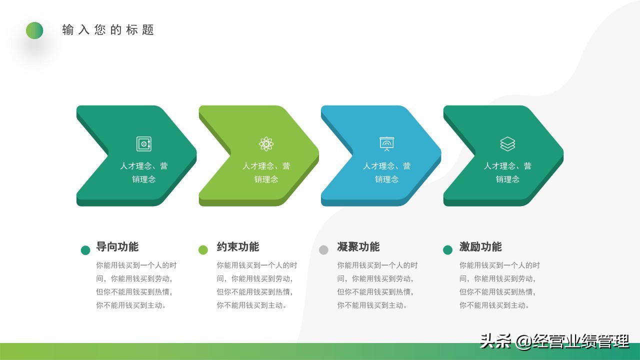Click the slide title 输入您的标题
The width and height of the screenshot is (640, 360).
point(108,30)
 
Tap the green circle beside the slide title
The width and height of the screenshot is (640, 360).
point(34,30)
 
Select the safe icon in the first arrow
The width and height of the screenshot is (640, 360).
point(144,144)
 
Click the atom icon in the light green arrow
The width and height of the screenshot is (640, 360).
point(266,144)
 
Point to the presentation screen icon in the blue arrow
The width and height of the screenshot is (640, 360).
point(386,144)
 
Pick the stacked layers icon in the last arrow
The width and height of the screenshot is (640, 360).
point(507,144)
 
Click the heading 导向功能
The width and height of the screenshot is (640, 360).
point(117,246)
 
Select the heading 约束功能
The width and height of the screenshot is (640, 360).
point(237,246)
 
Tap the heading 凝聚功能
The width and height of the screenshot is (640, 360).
point(358,246)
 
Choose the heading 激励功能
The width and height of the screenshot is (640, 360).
point(480,246)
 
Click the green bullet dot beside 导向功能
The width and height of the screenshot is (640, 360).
point(85,250)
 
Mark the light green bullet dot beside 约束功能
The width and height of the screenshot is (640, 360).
point(203,250)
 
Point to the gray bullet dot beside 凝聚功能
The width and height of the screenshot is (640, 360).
point(323,250)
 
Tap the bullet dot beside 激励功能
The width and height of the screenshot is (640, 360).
point(447,250)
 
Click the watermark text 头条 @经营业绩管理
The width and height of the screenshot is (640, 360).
point(554,341)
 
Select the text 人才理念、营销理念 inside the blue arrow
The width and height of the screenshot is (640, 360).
point(386,172)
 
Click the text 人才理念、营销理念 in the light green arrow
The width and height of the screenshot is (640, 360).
point(266,172)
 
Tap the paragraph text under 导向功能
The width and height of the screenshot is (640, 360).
point(136,285)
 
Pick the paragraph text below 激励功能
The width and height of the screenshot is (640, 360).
point(499,285)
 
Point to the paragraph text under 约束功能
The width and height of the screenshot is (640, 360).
point(256,285)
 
